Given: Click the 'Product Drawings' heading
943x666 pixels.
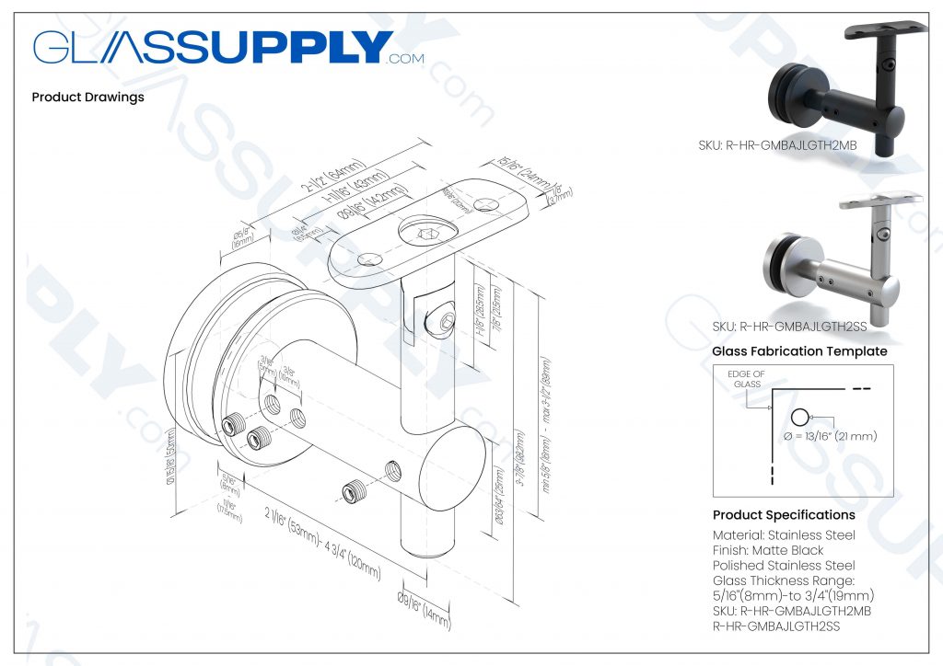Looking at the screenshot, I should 87,97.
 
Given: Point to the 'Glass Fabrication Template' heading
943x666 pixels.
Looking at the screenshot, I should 799,351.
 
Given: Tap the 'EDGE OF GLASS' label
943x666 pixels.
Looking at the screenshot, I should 745,379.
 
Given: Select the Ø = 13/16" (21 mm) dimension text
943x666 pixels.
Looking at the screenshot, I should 830,435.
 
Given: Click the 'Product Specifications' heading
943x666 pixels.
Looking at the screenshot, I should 784,515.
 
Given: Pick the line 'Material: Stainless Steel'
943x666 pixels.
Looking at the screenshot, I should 784,535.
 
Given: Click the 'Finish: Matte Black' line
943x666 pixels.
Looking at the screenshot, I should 768,550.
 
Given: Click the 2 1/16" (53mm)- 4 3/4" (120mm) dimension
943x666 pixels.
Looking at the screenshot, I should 308,542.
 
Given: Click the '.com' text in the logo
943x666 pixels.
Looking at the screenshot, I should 406,59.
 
